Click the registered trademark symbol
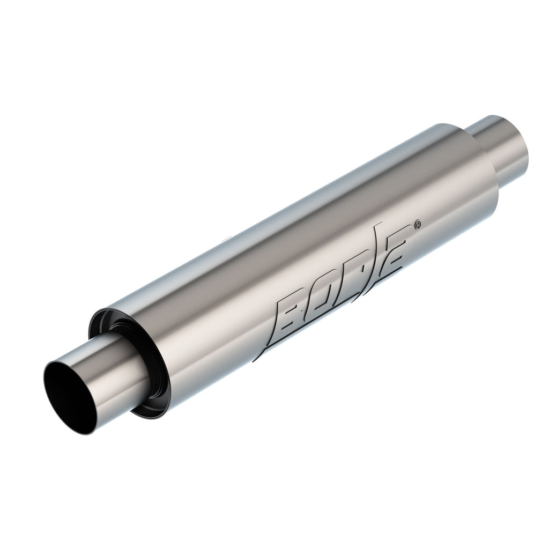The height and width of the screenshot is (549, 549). tap(418, 225)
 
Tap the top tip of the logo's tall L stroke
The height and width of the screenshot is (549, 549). tap(381, 221)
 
